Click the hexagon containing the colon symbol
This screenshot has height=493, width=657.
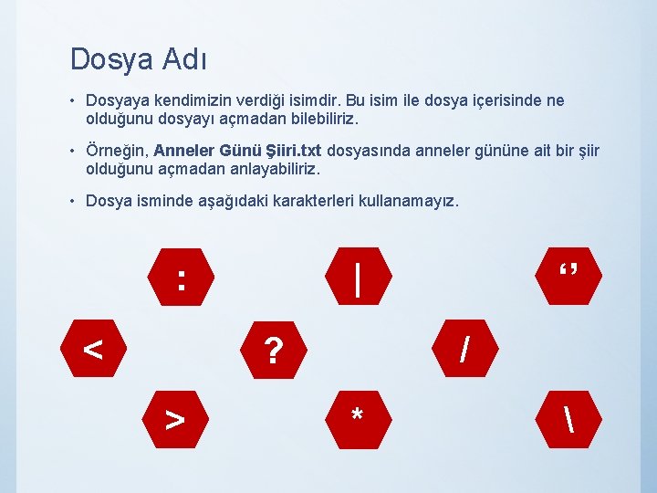(182, 274)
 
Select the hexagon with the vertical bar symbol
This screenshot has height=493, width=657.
(359, 274)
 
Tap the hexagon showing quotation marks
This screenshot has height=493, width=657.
(569, 274)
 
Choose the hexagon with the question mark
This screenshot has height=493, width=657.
(271, 348)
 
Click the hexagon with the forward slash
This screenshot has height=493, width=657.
(465, 348)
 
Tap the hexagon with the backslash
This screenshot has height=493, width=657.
(569, 420)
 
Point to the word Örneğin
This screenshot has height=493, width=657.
(117, 151)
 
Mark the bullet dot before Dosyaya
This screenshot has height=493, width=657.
(75, 100)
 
